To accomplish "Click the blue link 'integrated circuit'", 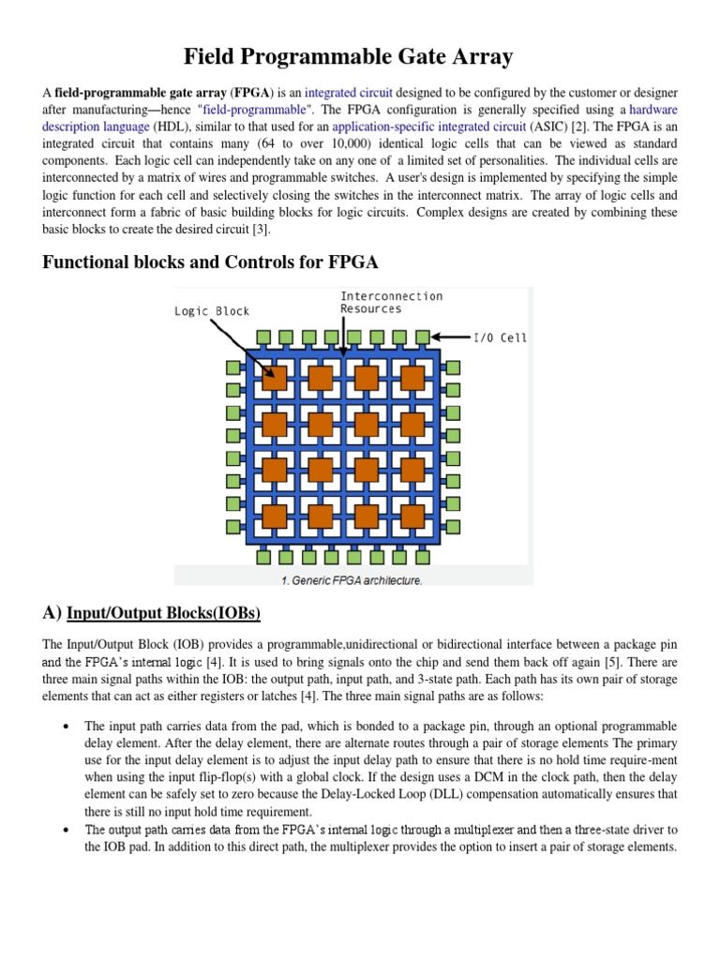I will click(x=349, y=93).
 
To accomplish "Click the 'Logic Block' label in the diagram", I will click(x=212, y=311).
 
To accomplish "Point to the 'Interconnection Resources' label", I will click(x=391, y=302).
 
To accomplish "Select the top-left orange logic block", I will click(x=274, y=378).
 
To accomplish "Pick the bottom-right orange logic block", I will click(x=412, y=516).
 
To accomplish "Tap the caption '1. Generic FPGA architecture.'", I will click(x=352, y=580).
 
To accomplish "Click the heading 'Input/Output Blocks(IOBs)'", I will click(x=164, y=613).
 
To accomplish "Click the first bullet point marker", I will click(x=66, y=727).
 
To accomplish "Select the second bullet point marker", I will click(x=66, y=830).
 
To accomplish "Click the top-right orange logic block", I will click(x=412, y=378).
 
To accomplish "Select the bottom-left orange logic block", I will click(x=274, y=516).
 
